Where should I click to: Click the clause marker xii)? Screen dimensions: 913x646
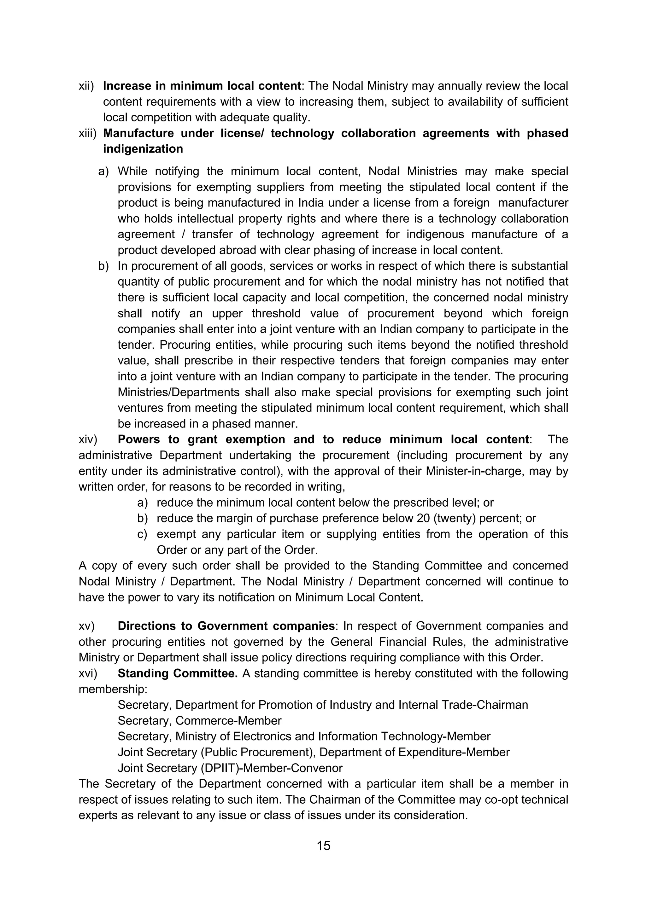[86, 86]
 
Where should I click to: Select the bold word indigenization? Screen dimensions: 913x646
[143, 149]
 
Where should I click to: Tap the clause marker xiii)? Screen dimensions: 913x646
[87, 133]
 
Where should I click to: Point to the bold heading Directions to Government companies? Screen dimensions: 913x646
[226, 626]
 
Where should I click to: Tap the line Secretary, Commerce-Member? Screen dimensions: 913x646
[199, 721]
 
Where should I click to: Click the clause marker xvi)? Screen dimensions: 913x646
[88, 673]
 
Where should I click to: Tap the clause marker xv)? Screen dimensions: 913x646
[86, 626]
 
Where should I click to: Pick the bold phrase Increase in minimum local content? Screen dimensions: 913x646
[202, 86]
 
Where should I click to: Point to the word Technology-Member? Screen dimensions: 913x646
[436, 736]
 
